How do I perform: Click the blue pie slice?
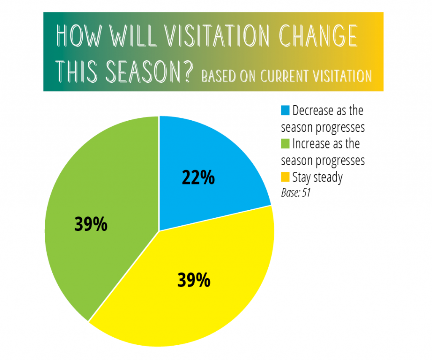[x=204, y=171]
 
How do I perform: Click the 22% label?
[x=198, y=178]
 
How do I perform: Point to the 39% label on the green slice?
[x=91, y=224]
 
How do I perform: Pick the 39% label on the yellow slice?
[x=194, y=280]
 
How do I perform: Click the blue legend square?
[x=285, y=110]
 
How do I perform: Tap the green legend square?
[x=285, y=143]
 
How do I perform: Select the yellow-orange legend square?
[x=285, y=177]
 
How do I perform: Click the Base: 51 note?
[x=296, y=193]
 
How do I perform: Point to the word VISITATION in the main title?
[x=217, y=35]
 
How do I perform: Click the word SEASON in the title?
[x=143, y=71]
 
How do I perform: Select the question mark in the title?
[x=188, y=71]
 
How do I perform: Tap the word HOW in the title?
[x=79, y=35]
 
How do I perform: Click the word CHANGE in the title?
[x=318, y=35]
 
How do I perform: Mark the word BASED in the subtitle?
[x=219, y=76]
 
